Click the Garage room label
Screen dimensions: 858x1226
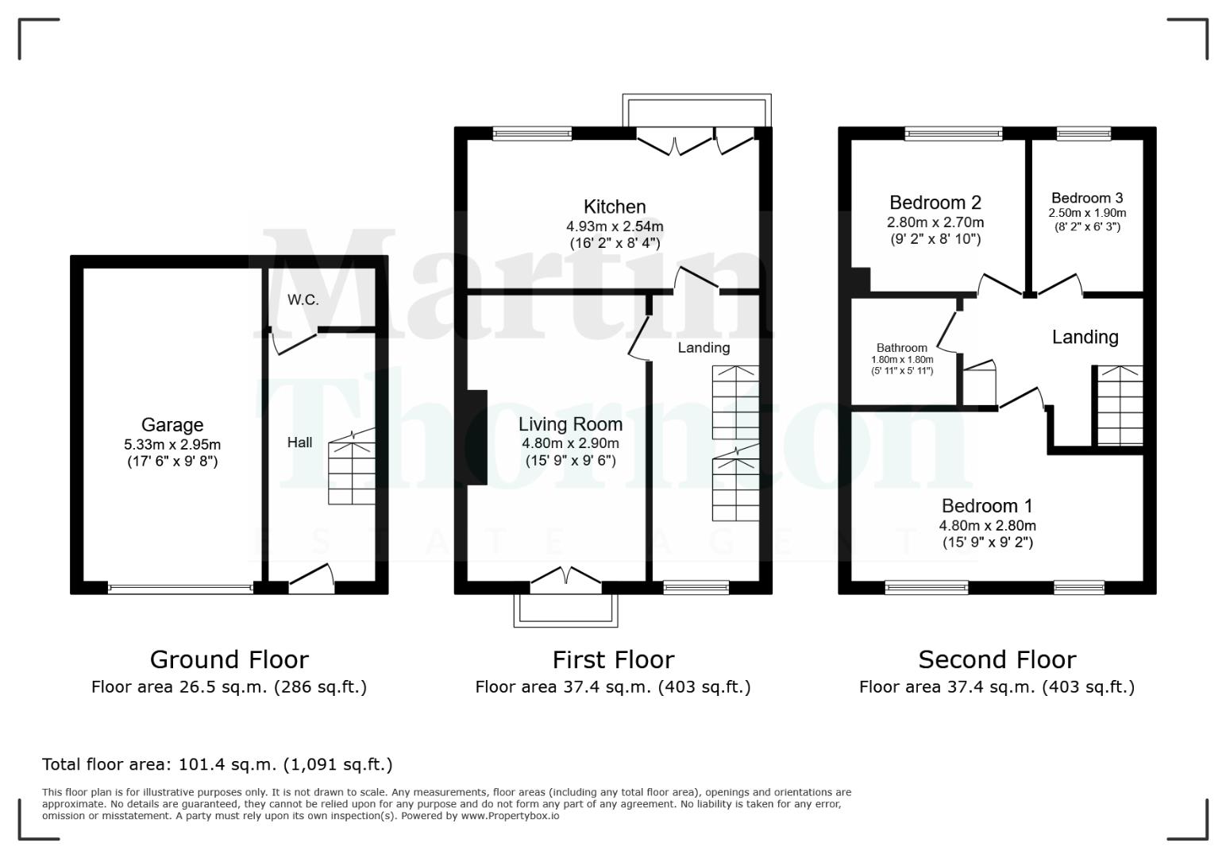(172, 425)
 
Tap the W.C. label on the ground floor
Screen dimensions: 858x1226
(303, 300)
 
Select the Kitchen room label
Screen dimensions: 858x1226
(615, 207)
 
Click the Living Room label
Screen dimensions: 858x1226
(570, 424)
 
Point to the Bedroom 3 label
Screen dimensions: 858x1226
(1087, 198)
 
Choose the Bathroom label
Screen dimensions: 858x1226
(901, 348)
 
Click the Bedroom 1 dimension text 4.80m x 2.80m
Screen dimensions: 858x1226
(987, 525)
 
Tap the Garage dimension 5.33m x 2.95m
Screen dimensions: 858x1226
(172, 445)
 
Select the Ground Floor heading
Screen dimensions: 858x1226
(229, 659)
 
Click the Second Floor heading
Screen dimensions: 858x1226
(997, 659)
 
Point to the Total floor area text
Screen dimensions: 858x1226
(217, 764)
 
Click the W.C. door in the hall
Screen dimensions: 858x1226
(294, 342)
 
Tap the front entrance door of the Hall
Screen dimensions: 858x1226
(311, 579)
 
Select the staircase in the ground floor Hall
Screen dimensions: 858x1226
(352, 469)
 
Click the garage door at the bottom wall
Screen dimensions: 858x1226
(180, 589)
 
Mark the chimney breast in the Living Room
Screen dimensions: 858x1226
(476, 437)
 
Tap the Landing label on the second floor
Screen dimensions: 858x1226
(1085, 337)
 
